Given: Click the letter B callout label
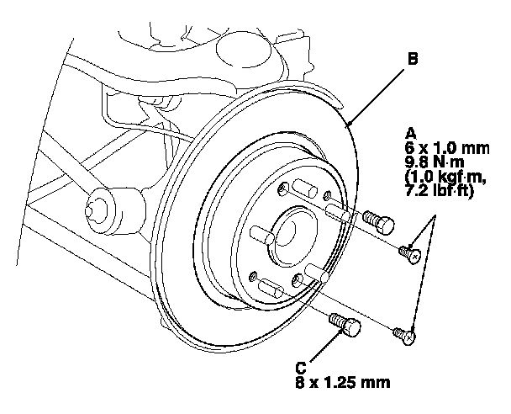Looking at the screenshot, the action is pyautogui.click(x=413, y=59).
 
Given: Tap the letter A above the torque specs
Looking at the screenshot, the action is pyautogui.click(x=411, y=134).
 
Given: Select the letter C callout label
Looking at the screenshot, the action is pyautogui.click(x=301, y=368).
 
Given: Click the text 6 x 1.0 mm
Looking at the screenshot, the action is pyautogui.click(x=447, y=148).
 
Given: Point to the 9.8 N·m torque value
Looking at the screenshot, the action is pyautogui.click(x=435, y=162).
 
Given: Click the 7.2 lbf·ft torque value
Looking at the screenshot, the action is pyautogui.click(x=439, y=191).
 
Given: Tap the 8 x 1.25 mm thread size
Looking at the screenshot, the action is pyautogui.click(x=343, y=382).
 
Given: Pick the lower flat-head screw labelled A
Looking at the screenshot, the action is pyautogui.click(x=404, y=336).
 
